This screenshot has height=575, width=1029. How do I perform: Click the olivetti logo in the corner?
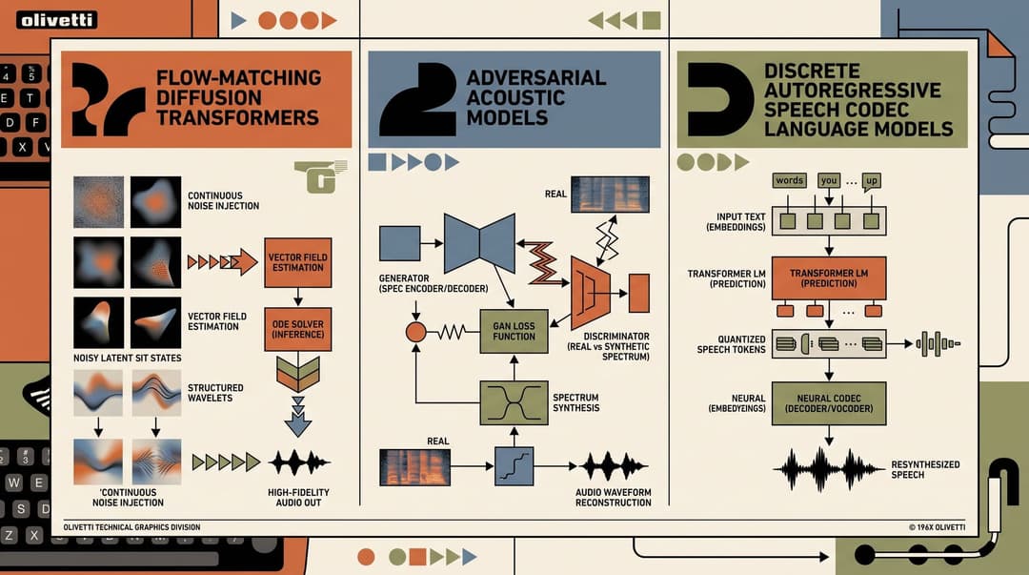pyautogui.click(x=56, y=20)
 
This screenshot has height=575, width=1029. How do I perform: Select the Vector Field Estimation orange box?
pyautogui.click(x=298, y=263)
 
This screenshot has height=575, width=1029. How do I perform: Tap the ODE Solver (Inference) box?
pyautogui.click(x=298, y=329)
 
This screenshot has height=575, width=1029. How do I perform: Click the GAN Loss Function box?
pyautogui.click(x=514, y=331)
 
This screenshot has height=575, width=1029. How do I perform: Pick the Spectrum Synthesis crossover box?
pyautogui.click(x=514, y=402)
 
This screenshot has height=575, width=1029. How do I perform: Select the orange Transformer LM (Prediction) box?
pyautogui.click(x=829, y=278)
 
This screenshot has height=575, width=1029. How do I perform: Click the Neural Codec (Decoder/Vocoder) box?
pyautogui.click(x=829, y=403)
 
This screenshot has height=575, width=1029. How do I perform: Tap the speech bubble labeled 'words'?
pyautogui.click(x=790, y=181)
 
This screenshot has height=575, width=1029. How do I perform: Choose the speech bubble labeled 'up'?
pyautogui.click(x=872, y=181)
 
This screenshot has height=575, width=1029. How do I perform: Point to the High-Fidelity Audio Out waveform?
pyautogui.click(x=298, y=462)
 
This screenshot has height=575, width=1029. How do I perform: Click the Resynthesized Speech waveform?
pyautogui.click(x=829, y=469)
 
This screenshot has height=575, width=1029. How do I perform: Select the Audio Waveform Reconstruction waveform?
pyautogui.click(x=613, y=466)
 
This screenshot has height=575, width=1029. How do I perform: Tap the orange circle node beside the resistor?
pyautogui.click(x=416, y=332)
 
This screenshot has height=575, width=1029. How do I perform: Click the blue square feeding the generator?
pyautogui.click(x=399, y=243)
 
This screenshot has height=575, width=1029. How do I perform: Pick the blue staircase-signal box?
pyautogui.click(x=514, y=466)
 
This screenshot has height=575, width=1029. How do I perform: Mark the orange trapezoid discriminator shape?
pyautogui.click(x=591, y=293)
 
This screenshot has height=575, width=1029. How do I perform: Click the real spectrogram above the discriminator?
pyautogui.click(x=611, y=195)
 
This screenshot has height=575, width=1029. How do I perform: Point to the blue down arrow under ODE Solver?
pyautogui.click(x=298, y=418)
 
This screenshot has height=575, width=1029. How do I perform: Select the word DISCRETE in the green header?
pyautogui.click(x=812, y=71)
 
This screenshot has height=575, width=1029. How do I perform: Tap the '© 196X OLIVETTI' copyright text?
pyautogui.click(x=938, y=527)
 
